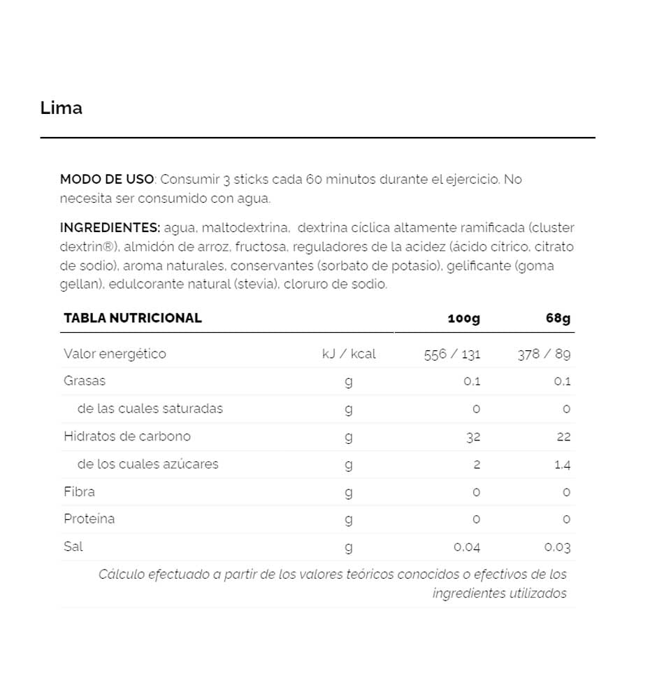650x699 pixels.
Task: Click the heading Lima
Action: coord(62,108)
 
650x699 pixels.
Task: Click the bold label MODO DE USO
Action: coord(106,180)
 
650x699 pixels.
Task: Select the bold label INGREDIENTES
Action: coord(110,228)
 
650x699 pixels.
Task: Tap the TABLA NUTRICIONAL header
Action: coord(133,318)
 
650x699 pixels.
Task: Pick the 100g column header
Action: coord(463,319)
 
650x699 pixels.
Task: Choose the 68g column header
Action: coord(558,319)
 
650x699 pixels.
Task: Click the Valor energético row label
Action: coord(115,354)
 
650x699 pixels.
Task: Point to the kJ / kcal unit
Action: coord(349,354)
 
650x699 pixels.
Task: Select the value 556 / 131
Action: coord(452,354)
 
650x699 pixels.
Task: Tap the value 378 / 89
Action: coord(544,354)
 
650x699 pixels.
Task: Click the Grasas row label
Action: coord(85,381)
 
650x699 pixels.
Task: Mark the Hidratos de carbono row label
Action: coord(127,436)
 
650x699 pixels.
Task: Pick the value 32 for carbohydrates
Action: coord(473,437)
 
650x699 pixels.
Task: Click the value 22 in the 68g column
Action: coord(564,437)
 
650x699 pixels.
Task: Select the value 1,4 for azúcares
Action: coord(562,464)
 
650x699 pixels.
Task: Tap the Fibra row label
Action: coord(79,491)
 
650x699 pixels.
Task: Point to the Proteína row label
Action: coord(89,519)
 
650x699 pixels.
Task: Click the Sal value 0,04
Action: coord(467,547)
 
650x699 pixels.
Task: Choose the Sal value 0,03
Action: coord(558,547)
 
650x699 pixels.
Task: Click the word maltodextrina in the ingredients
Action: coord(245,228)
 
